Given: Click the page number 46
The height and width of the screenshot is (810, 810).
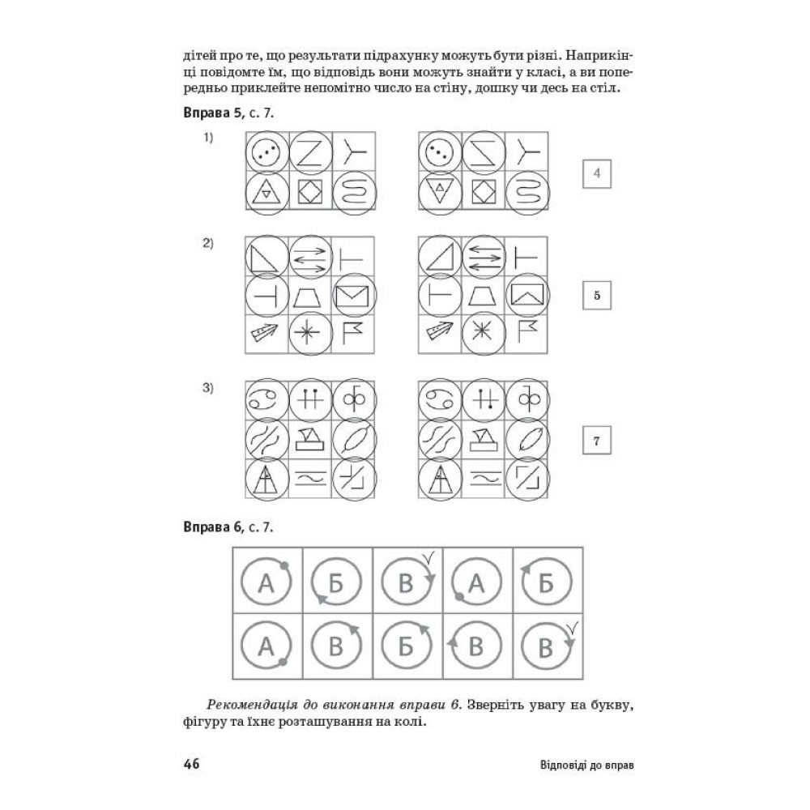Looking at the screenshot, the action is pyautogui.click(x=191, y=764).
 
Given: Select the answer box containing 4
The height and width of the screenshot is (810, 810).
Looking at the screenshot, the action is pyautogui.click(x=597, y=173).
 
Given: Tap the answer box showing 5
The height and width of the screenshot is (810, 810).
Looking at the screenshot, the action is pyautogui.click(x=597, y=296).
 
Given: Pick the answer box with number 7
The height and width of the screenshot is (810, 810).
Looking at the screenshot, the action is pyautogui.click(x=597, y=440).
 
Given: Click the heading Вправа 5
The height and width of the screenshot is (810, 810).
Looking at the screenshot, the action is pyautogui.click(x=212, y=113).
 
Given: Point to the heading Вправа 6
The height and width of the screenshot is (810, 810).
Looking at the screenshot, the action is pyautogui.click(x=212, y=527).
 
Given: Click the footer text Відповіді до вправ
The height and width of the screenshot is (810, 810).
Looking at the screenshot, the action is pyautogui.click(x=586, y=765).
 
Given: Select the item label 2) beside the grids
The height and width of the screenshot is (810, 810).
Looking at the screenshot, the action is pyautogui.click(x=207, y=243).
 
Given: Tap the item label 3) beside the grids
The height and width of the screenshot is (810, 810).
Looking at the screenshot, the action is pyautogui.click(x=207, y=388).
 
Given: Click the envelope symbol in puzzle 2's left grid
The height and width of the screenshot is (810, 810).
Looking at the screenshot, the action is pyautogui.click(x=353, y=296).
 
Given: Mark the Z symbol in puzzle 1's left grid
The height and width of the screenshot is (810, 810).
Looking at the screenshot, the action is pyautogui.click(x=310, y=152).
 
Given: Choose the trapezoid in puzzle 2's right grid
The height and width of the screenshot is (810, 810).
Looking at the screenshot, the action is pyautogui.click(x=483, y=296).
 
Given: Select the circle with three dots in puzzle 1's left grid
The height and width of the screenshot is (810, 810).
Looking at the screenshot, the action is pyautogui.click(x=266, y=152).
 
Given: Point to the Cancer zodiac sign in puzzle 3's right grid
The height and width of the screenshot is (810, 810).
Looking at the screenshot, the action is pyautogui.click(x=440, y=399).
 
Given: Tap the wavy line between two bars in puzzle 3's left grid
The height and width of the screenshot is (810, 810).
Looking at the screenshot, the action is pyautogui.click(x=310, y=479).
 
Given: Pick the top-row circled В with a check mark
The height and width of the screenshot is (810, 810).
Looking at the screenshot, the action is pyautogui.click(x=407, y=581).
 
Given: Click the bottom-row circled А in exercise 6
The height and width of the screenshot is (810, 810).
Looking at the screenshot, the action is pyautogui.click(x=266, y=646).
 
